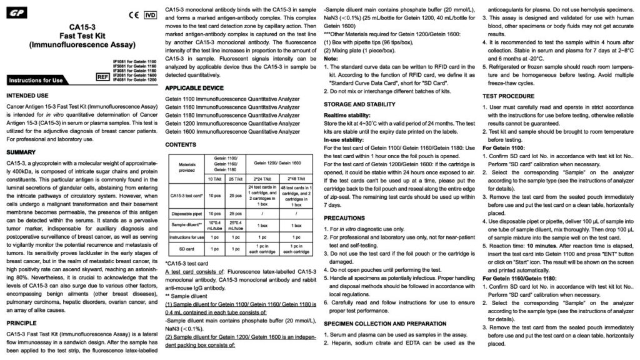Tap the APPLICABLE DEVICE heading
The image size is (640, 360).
[194, 87]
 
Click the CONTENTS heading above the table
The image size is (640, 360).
[181, 144]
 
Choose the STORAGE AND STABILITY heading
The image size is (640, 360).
[359, 105]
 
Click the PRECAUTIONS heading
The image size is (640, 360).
[344, 218]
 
